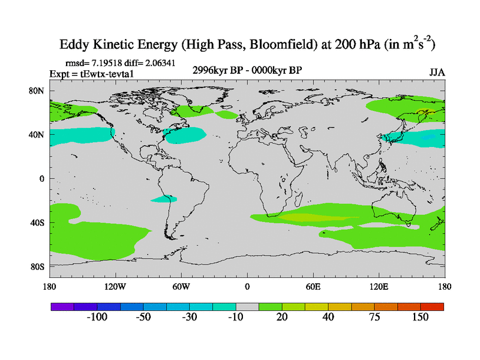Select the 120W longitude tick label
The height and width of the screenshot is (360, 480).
(115, 286)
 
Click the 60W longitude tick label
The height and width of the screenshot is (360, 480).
(181, 286)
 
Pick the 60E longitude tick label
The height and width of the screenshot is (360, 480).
(313, 286)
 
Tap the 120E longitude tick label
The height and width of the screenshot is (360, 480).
(379, 286)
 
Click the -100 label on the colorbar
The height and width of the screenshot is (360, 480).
(96, 317)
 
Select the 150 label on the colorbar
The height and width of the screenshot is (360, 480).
(420, 317)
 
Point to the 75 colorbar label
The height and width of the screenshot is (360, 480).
(374, 317)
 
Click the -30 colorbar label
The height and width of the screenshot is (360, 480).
(189, 317)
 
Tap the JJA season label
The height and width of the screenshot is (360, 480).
(437, 72)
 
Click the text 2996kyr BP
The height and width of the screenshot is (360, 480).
(216, 71)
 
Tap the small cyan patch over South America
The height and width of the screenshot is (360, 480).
(164, 199)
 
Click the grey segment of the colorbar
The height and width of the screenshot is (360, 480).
(247, 306)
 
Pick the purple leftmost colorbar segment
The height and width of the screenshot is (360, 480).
(62, 306)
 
